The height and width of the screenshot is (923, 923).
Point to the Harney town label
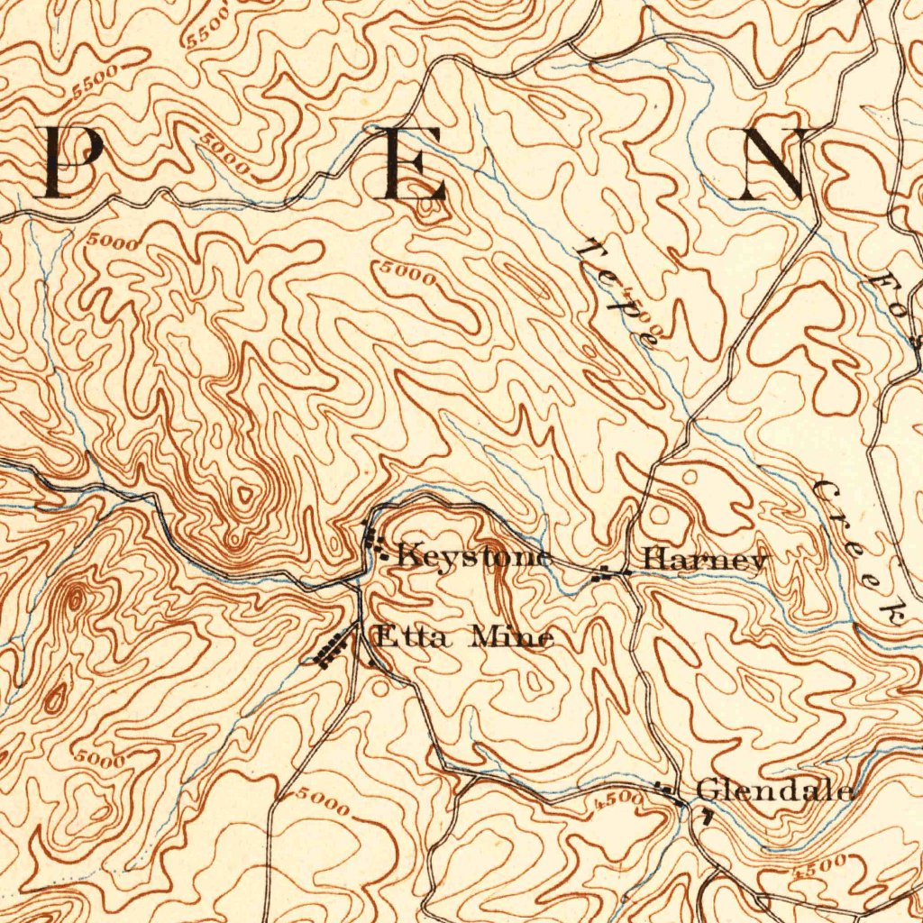coord(705,560)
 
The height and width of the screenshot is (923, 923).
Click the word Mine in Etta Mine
coord(513,638)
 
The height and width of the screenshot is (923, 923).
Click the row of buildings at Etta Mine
coord(331,649)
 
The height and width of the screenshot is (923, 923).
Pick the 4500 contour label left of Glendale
coord(619,799)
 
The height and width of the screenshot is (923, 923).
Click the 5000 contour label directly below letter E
coord(407,271)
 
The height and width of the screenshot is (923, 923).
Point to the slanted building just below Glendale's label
coord(707,817)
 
